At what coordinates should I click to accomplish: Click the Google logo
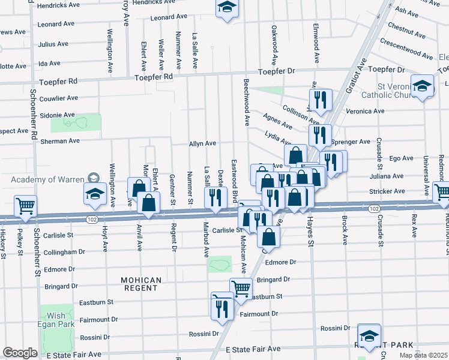tap(20, 353)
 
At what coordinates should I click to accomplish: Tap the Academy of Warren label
tap(48, 179)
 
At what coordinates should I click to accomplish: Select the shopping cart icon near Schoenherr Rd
tap(26, 206)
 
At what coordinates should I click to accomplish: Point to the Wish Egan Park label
tap(56, 320)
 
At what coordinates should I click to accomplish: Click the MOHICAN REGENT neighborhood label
tap(141, 284)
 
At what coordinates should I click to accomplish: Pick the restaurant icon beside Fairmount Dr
tap(221, 308)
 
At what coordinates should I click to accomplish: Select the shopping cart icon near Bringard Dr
tap(241, 288)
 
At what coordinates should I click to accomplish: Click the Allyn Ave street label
tap(202, 143)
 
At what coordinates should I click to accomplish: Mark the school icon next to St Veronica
tap(422, 85)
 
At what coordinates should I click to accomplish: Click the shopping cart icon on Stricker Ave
tap(442, 192)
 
